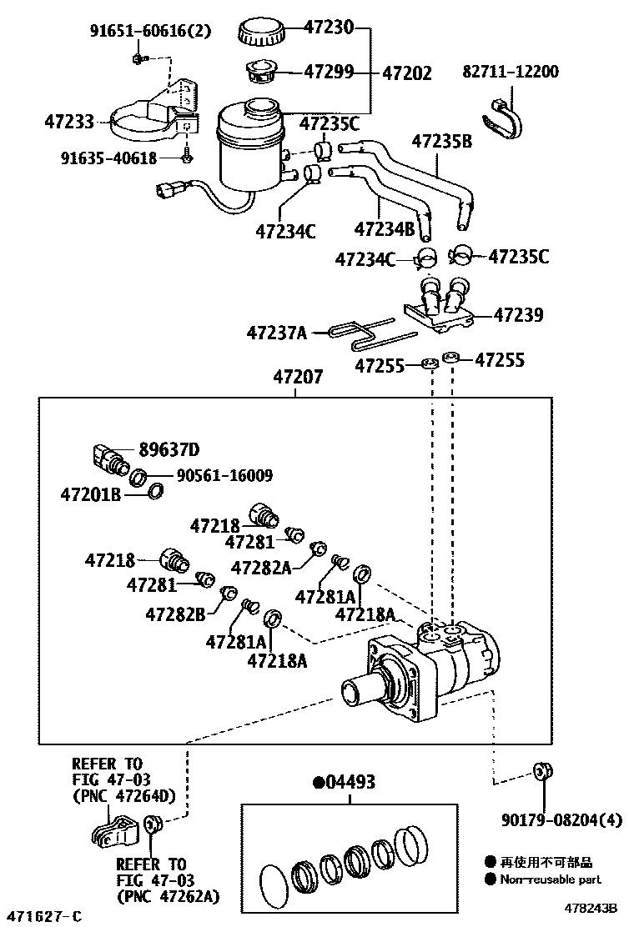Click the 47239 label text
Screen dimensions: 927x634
518,315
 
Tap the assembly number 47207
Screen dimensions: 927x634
297,378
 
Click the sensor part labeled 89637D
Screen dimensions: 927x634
107,458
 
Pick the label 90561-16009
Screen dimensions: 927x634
224,476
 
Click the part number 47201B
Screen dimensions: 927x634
91,494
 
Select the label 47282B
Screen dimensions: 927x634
175,614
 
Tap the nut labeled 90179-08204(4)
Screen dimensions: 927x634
544,770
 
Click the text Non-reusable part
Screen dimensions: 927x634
550,879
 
